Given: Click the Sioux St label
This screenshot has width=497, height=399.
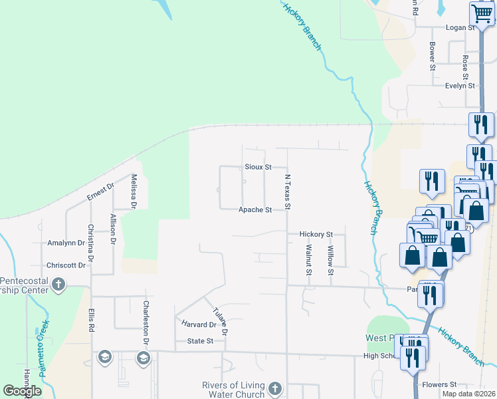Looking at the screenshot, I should (x=258, y=167).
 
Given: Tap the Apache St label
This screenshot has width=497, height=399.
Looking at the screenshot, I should (x=256, y=210).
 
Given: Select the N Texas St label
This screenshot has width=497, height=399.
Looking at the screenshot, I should (x=288, y=192).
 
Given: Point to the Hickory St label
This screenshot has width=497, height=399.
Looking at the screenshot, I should (x=316, y=235).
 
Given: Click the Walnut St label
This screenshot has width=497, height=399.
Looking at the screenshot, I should (x=308, y=259).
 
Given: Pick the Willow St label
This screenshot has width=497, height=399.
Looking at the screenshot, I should (x=330, y=257).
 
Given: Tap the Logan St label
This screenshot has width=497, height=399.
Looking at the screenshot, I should (x=461, y=28).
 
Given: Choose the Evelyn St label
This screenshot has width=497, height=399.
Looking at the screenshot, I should (x=460, y=86).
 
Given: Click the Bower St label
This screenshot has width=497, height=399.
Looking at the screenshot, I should (x=432, y=57).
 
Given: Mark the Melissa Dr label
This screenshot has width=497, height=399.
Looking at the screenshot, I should (x=134, y=192).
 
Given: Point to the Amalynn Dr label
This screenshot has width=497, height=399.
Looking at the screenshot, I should (x=66, y=243).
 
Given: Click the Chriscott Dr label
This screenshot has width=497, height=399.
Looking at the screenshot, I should (x=66, y=265).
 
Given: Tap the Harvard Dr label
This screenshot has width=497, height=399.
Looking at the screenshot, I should (x=199, y=325).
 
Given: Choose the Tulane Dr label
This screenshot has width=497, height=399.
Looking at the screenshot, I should (x=221, y=321).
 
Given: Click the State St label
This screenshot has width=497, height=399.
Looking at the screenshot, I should (x=200, y=341).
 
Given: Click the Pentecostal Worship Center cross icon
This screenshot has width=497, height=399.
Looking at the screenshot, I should (x=58, y=285).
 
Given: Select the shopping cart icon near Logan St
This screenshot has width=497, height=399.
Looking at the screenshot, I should (x=480, y=13).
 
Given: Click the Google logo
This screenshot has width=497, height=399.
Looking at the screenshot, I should (x=22, y=391).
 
